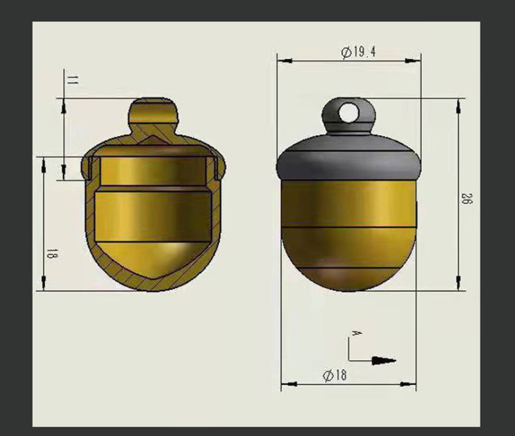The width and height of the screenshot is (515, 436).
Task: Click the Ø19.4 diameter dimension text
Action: coord(359,52)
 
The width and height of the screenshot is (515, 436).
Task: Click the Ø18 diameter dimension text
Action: coord(334,375)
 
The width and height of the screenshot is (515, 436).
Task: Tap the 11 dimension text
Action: coord(73,80)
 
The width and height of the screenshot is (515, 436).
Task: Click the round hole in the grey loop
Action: coord(349,113)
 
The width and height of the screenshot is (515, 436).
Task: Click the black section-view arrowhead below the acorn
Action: coord(384,361)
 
